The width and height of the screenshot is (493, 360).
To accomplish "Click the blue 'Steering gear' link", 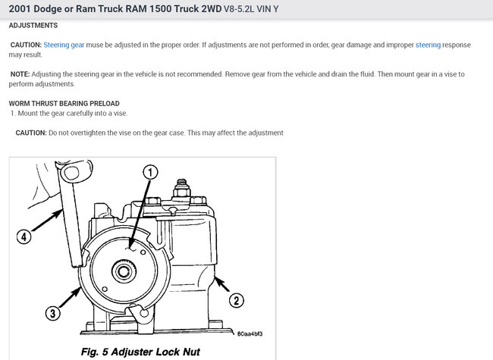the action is (64, 45).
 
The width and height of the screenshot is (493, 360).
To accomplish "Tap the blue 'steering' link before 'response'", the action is (428, 45).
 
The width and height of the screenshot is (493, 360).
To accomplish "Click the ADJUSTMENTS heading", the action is (33, 26).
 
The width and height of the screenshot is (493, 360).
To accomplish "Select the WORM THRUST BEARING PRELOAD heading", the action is (64, 103).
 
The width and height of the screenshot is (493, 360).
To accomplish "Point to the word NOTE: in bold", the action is (20, 74).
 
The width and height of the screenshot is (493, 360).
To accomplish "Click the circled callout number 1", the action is (150, 172).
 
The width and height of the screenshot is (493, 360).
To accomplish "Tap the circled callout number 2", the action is (236, 300).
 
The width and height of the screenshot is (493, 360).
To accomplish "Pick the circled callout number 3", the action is (52, 313).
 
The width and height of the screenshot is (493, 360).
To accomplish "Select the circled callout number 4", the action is (24, 236).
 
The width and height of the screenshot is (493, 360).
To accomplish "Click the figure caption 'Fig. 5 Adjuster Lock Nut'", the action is (140, 352).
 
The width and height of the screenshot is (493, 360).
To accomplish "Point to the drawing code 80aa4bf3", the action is (250, 333).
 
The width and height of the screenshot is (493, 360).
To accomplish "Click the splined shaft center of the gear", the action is (124, 271).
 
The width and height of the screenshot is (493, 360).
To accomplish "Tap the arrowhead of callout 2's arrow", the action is (216, 279).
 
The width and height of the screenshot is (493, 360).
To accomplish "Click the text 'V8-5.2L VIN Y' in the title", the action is (251, 9).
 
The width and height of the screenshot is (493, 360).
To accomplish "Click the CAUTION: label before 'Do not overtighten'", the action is (31, 133).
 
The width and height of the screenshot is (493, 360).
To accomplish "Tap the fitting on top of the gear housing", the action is (181, 188).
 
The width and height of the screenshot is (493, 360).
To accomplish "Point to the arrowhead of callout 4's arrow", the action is (59, 213).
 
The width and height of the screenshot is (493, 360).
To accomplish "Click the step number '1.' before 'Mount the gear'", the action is (13, 113).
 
